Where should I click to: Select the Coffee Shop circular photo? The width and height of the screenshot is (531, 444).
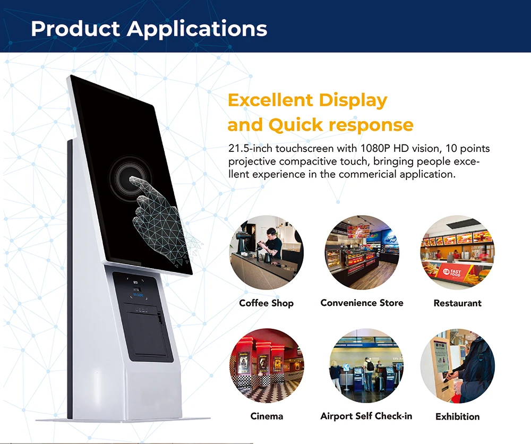[x=267, y=252]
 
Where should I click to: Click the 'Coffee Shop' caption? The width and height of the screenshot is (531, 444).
[x=266, y=303]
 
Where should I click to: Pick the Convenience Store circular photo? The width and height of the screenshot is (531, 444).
[x=362, y=252]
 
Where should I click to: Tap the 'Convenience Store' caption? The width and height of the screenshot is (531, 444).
[x=362, y=303]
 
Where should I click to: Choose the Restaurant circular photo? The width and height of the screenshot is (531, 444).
[x=457, y=252]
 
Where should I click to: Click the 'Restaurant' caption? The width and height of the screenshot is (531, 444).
[x=457, y=303]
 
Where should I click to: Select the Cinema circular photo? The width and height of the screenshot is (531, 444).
[x=267, y=366]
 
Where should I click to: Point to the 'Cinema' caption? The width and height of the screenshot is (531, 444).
[x=267, y=416]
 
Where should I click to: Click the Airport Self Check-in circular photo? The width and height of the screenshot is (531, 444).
[x=366, y=366]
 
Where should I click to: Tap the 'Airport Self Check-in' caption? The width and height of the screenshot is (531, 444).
[x=366, y=416]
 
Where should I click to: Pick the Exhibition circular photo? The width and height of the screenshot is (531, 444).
[x=457, y=366]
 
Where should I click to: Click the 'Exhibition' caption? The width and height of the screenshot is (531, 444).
[x=457, y=417]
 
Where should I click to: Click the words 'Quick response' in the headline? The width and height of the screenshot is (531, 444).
[x=340, y=125]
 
